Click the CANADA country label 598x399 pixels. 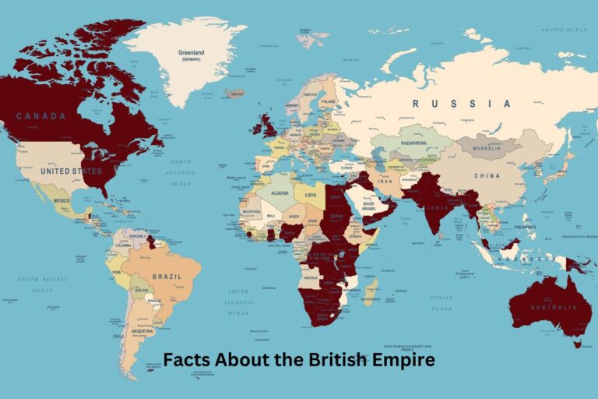(x=41, y=116)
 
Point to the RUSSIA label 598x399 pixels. (x=462, y=103)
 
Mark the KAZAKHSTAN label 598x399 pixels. (x=409, y=143)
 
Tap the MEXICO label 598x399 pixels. (x=62, y=200)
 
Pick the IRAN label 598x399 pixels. (x=383, y=182)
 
